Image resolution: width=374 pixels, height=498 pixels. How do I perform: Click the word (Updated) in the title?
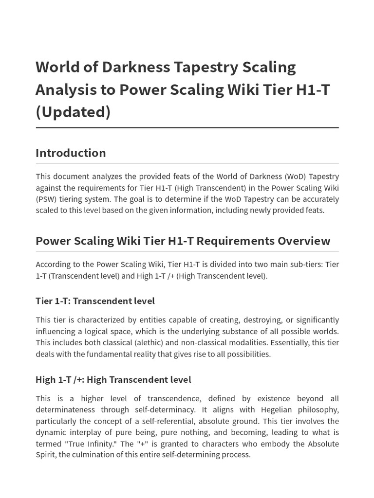(x=73, y=111)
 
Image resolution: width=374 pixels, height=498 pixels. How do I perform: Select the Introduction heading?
(x=71, y=153)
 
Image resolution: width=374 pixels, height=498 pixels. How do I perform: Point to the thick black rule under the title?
(x=187, y=128)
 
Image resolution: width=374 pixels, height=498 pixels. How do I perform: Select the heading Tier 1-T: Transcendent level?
(x=95, y=301)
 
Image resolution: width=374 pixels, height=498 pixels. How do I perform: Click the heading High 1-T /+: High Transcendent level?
(x=113, y=379)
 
